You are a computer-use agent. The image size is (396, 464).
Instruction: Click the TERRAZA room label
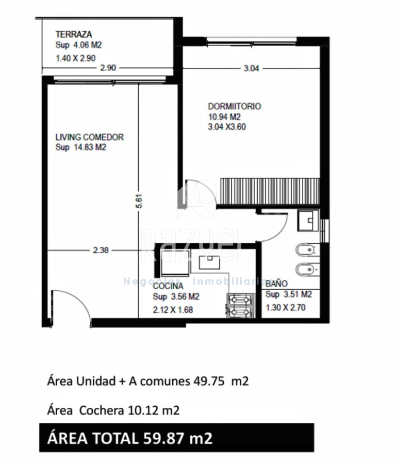(74, 35)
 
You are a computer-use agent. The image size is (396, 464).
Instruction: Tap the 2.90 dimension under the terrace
(108, 68)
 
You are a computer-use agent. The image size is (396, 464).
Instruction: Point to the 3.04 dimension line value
(251, 69)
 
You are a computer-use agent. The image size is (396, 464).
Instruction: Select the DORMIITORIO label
(235, 106)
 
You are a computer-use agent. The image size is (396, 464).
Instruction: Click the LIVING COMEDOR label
(90, 137)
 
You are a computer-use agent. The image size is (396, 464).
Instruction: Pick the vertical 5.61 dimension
(139, 201)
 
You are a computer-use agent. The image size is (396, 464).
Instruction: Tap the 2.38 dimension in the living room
(101, 251)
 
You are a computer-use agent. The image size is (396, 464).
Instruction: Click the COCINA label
(168, 286)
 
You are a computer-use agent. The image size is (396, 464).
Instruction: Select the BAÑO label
(277, 284)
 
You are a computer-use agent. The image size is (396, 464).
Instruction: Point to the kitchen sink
(209, 263)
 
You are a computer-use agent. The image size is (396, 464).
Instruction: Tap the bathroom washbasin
(308, 221)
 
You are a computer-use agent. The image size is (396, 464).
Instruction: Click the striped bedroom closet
(270, 191)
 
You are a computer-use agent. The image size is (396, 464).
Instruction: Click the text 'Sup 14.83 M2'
(81, 147)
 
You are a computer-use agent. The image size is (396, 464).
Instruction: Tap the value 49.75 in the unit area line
(209, 381)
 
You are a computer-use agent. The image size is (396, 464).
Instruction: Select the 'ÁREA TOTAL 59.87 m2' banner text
(130, 438)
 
